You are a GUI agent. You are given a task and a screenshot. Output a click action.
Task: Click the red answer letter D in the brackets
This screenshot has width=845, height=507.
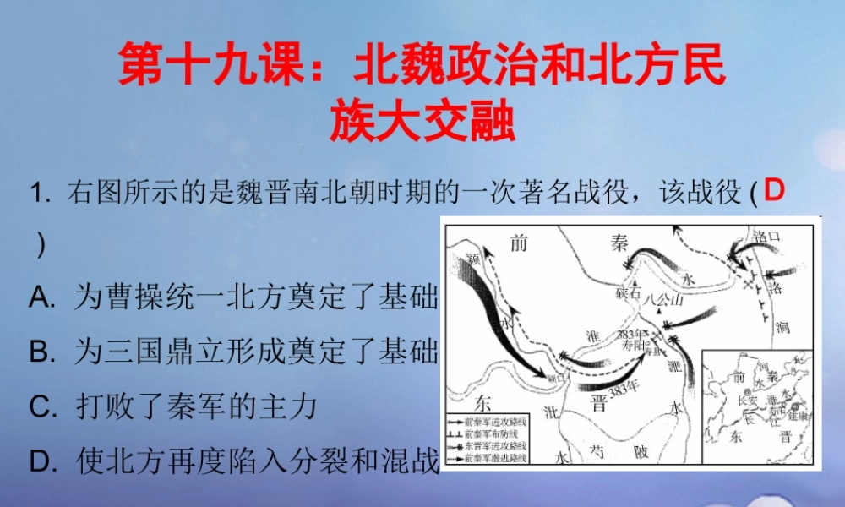click(773, 192)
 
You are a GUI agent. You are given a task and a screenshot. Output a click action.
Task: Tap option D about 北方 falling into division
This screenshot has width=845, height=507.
click(232, 461)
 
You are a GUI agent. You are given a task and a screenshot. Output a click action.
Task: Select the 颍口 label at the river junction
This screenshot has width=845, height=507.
click(554, 379)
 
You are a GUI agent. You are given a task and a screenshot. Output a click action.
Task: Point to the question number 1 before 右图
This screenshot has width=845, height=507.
click(35, 193)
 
